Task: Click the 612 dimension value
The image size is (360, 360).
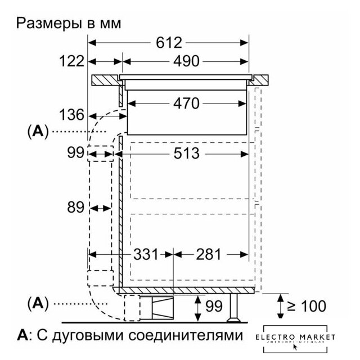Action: [168, 43]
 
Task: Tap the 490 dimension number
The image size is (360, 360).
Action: [186, 61]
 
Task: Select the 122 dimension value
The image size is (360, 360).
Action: [71, 61]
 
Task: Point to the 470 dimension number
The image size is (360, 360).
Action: [186, 103]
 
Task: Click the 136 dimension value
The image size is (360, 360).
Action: [73, 116]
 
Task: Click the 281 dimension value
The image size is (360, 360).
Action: [209, 254]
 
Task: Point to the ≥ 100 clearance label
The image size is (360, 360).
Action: [307, 307]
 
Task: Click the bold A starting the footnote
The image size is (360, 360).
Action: [22, 336]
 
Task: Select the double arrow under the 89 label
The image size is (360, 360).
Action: [101, 208]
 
